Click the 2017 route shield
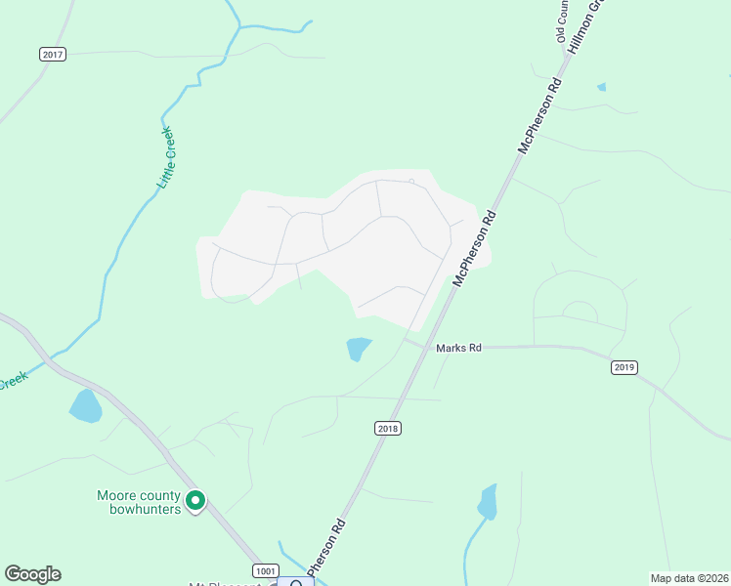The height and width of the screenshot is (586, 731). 53,55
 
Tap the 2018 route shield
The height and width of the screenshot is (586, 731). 388,428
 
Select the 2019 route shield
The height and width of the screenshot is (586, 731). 624,367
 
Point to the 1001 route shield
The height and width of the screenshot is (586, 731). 264,570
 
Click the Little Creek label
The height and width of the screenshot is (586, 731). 164,157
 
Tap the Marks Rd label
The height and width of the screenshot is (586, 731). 459,347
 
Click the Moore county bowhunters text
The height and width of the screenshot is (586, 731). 138,502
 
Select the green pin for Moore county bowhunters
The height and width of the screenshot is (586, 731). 195,501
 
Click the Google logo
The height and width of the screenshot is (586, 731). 32,574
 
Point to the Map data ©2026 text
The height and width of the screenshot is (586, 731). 689,577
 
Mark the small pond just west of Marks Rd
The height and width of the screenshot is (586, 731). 359,349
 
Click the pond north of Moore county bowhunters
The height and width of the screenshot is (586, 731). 85,405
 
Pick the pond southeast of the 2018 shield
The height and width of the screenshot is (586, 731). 487,502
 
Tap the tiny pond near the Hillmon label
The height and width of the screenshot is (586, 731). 601,87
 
